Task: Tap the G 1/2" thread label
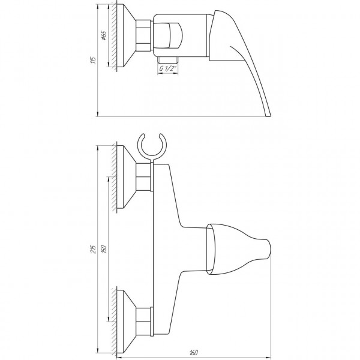click(x=168, y=69)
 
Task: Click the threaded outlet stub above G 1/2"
click(x=167, y=61)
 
